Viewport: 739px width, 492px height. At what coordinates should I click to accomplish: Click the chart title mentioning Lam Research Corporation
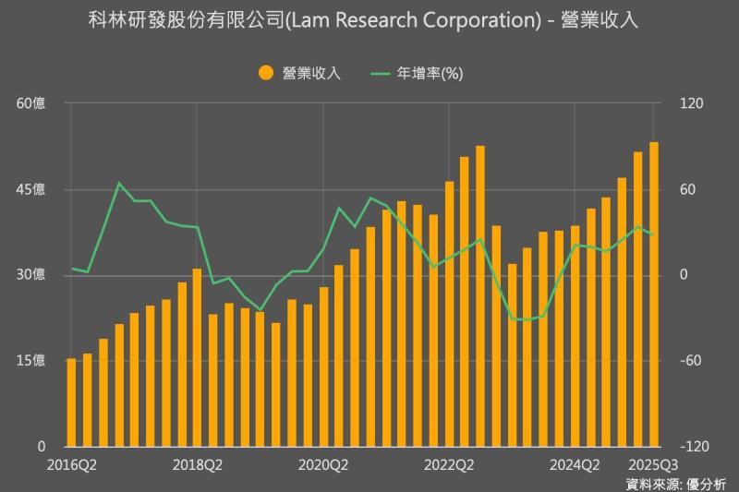[x=369, y=20]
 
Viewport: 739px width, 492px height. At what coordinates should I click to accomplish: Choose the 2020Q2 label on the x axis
[x=323, y=463]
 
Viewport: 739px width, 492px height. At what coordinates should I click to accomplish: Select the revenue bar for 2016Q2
[x=71, y=402]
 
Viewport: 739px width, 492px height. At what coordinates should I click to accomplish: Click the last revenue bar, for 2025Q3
[x=654, y=295]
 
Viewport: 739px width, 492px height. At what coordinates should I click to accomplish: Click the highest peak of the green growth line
[x=118, y=183]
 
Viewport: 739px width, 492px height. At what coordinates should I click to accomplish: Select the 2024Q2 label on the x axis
[x=575, y=463]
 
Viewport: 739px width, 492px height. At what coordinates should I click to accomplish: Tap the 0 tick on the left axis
[x=41, y=447]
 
